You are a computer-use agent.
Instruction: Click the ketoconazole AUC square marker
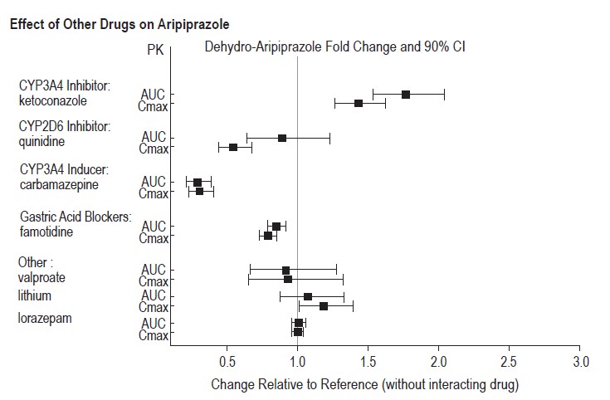tap(406, 95)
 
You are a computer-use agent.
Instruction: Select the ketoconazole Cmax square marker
tap(359, 104)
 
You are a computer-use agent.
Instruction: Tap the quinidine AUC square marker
tap(282, 138)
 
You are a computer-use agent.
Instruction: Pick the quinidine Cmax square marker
tap(233, 147)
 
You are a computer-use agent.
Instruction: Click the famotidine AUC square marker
tap(276, 226)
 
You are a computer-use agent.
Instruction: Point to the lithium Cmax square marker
tap(324, 306)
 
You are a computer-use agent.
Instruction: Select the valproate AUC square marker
tap(285, 271)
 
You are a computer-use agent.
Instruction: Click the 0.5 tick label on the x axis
tap(227, 362)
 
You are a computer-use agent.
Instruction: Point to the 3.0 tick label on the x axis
tap(581, 362)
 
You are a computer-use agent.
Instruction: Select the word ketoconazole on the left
tap(52, 101)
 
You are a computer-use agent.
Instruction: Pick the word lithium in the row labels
tap(34, 295)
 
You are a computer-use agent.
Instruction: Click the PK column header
tap(154, 51)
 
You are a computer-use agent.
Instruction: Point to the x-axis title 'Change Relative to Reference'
tap(364, 385)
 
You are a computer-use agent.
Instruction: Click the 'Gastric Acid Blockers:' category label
tap(75, 217)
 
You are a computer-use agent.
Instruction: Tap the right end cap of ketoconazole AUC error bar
tap(444, 95)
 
